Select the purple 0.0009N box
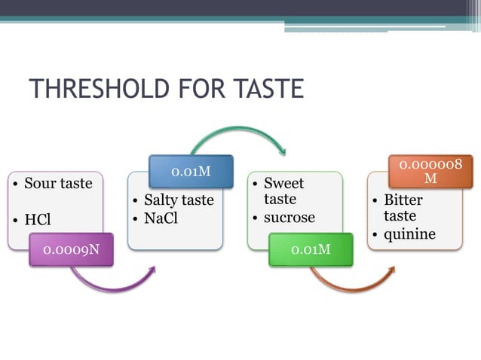[x=72, y=249]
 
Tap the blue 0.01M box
[x=190, y=172]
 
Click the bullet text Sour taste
[x=58, y=184]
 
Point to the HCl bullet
[x=37, y=220]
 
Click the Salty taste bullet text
[x=179, y=200]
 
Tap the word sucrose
[x=289, y=218]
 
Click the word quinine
[x=409, y=234]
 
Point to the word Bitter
[x=403, y=200]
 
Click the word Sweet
[x=285, y=183]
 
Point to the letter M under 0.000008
[x=430, y=178]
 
